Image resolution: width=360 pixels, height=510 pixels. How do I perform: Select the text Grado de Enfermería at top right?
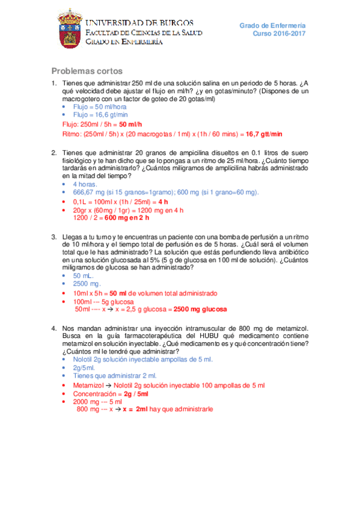pyautogui.click(x=272, y=26)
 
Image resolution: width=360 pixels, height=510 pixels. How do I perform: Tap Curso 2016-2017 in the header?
pyautogui.click(x=279, y=34)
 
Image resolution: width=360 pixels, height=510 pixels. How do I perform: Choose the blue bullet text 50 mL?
pyautogui.click(x=82, y=275)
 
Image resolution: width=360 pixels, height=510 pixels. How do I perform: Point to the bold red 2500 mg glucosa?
pyautogui.click(x=200, y=309)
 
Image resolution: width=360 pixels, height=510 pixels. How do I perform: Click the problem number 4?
pyautogui.click(x=54, y=328)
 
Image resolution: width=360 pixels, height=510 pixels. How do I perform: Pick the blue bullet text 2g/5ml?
pyautogui.click(x=84, y=367)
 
